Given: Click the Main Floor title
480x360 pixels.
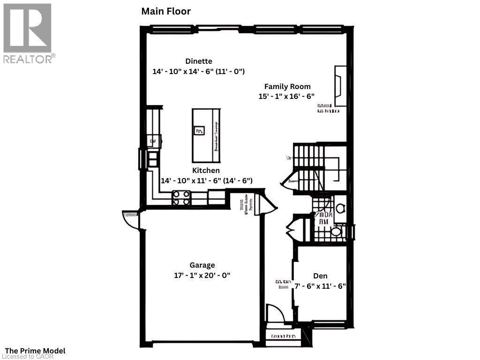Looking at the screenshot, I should (166, 11).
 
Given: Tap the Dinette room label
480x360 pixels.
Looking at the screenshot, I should (199, 61).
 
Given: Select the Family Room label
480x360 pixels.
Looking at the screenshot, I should (287, 86).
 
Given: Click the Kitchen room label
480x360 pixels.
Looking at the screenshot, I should (206, 171).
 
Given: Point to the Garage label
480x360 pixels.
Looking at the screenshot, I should (202, 265).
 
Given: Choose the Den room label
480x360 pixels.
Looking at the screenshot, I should (320, 276).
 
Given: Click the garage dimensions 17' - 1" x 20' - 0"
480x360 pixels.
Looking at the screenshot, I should (202, 276).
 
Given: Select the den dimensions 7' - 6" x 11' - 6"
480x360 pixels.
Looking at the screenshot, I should (320, 286).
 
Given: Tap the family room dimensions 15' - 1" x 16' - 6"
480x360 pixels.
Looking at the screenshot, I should (286, 96).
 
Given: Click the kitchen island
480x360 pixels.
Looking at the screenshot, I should (206, 135).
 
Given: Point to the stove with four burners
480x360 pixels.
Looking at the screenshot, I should (181, 197).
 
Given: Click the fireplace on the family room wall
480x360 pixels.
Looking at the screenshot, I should (340, 86).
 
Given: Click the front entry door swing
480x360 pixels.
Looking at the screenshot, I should (274, 313).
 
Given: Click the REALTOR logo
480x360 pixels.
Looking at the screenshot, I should (28, 33).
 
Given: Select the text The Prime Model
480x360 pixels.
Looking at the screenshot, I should (35, 351).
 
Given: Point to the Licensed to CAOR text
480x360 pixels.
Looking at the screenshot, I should (29, 357).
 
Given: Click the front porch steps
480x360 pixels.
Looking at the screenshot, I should (283, 336).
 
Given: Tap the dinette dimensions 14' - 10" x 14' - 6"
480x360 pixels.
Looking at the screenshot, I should (199, 72).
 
